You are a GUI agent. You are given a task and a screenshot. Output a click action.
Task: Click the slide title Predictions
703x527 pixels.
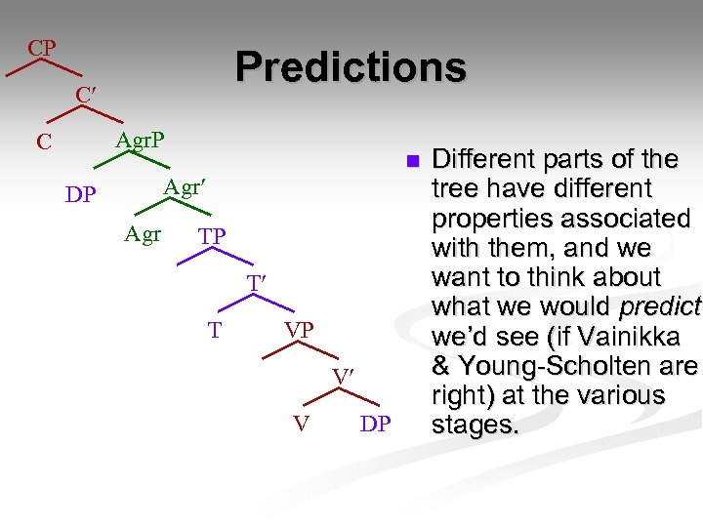351,67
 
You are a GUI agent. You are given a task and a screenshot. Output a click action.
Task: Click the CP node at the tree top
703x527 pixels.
42,48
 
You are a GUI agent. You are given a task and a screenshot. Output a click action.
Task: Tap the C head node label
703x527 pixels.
44,142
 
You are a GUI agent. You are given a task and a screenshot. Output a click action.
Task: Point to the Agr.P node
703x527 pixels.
140,140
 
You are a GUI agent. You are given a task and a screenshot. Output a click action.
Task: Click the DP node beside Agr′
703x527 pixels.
80,195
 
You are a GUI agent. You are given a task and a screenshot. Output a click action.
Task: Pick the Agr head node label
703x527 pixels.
143,234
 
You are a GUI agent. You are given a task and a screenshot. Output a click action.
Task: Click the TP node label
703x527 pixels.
212,237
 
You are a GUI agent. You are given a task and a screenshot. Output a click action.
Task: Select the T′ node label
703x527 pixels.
256,283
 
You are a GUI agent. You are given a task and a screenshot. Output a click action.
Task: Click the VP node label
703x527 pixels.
299,331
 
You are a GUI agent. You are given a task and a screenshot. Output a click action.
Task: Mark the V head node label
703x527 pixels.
302,425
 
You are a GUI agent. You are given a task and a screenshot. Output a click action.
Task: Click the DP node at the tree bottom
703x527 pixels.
376,425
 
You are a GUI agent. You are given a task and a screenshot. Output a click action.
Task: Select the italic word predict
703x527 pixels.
660,306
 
